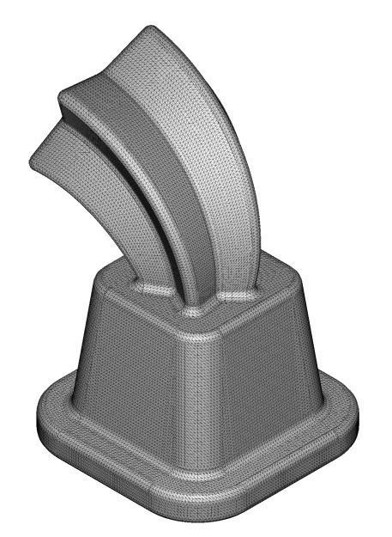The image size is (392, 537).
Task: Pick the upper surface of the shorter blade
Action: pos(94,172)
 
